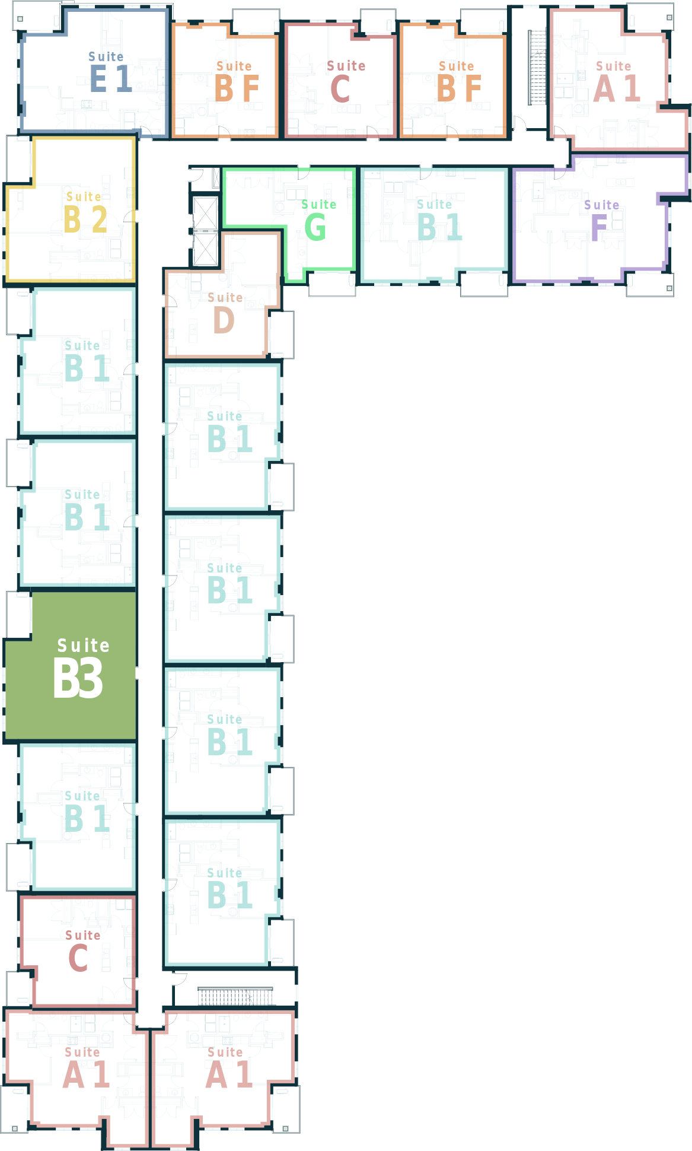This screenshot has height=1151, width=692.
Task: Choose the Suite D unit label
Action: click(x=225, y=313)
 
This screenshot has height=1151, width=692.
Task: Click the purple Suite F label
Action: click(x=601, y=220)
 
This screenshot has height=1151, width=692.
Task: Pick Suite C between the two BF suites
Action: click(x=346, y=81)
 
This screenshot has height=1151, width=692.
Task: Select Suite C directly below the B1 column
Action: click(x=82, y=951)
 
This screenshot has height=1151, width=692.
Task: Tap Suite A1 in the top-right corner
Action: click(x=616, y=81)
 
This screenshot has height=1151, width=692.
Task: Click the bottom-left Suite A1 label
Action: click(x=86, y=1067)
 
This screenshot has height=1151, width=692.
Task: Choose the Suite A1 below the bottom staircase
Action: click(x=229, y=1067)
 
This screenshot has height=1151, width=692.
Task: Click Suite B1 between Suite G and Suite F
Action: click(x=439, y=220)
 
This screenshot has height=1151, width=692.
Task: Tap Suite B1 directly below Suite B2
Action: click(x=87, y=361)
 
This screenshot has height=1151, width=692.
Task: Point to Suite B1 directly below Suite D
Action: click(x=229, y=431)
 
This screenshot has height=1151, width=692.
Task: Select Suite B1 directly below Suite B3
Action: click(x=87, y=811)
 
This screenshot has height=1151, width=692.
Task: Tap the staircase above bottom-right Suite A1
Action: click(x=235, y=996)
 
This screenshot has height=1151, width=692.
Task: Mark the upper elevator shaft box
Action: click(x=206, y=213)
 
